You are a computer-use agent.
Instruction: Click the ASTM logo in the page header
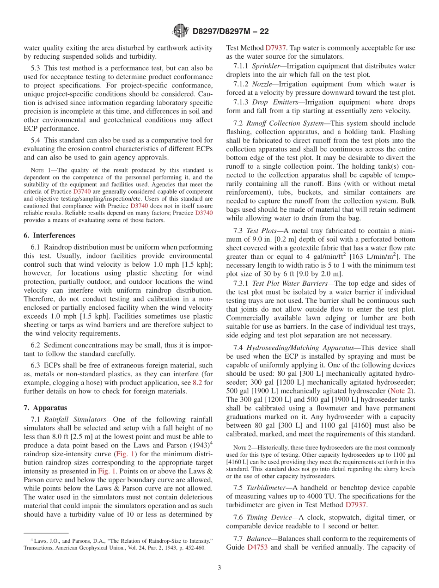[x=180, y=31]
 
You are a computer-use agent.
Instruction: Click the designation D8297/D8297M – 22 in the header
[x=230, y=31]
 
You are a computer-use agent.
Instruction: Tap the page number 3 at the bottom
[x=219, y=568]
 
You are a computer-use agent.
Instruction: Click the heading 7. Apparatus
[x=45, y=408]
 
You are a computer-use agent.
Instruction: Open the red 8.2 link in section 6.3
[x=196, y=383]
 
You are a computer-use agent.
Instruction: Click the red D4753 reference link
[x=257, y=547]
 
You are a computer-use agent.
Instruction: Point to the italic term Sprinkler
[x=266, y=66]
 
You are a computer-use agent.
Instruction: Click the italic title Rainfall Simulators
[x=75, y=419]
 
